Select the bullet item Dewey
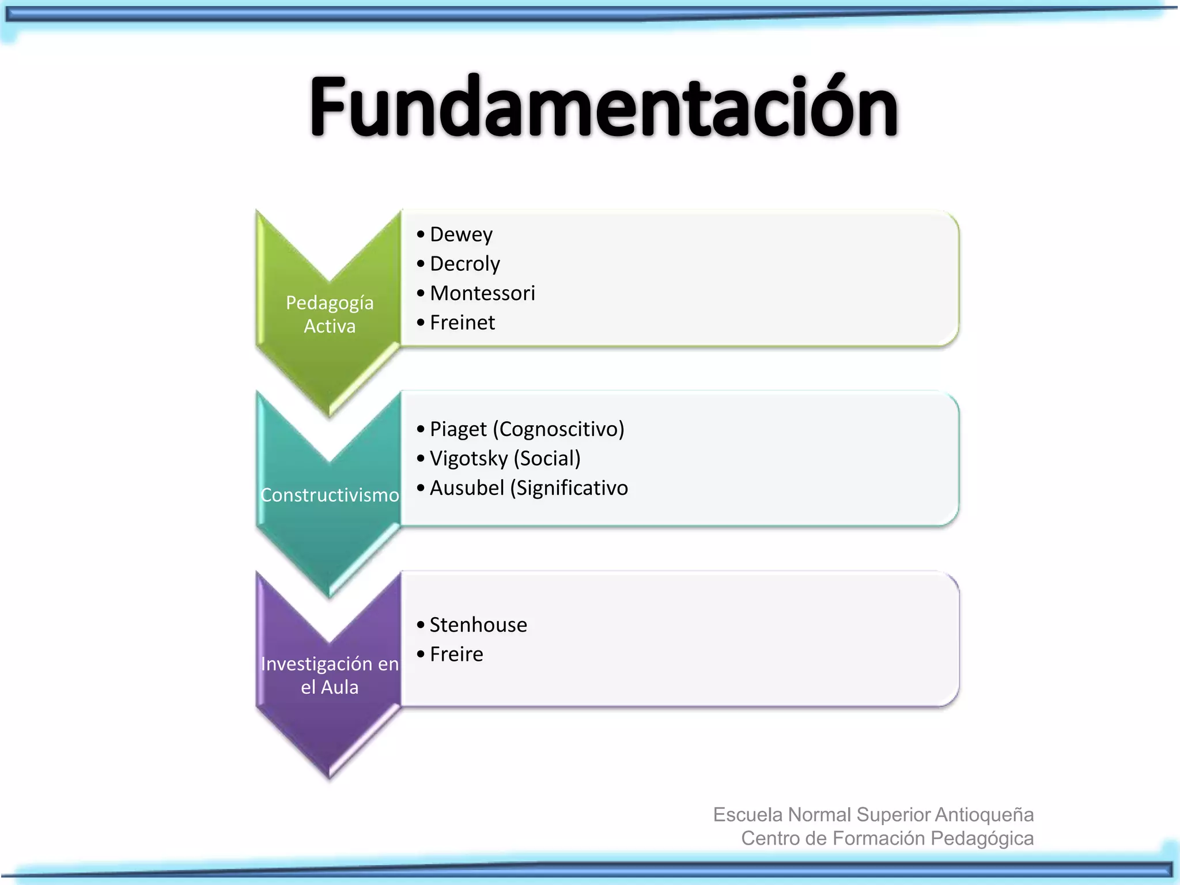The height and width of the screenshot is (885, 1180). tap(461, 235)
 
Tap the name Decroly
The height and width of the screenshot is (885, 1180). tap(465, 264)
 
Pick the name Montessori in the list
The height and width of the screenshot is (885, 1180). tap(482, 293)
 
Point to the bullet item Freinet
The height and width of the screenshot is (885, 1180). tap(462, 323)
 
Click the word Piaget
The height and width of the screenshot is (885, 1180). tap(458, 429)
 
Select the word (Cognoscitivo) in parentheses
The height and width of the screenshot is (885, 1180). tap(562, 429)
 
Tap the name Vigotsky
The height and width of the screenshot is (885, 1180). tap(468, 459)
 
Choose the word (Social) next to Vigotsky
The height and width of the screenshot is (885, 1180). tap(547, 459)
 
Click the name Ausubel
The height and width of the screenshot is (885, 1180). tap(467, 488)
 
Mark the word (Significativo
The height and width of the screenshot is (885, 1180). tap(569, 488)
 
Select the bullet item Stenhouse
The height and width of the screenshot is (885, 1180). tap(478, 625)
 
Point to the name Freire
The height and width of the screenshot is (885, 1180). tap(456, 655)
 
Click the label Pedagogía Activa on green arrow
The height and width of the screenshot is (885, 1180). tap(330, 314)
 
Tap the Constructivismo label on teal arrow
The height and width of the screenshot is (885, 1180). tap(330, 495)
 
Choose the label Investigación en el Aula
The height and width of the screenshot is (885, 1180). tap(330, 675)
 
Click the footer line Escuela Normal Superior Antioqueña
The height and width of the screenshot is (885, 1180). tap(873, 815)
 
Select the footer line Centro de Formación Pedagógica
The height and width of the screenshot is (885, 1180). tap(887, 838)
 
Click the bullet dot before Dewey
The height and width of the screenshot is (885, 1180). tap(421, 235)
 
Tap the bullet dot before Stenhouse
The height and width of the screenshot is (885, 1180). tap(421, 625)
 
